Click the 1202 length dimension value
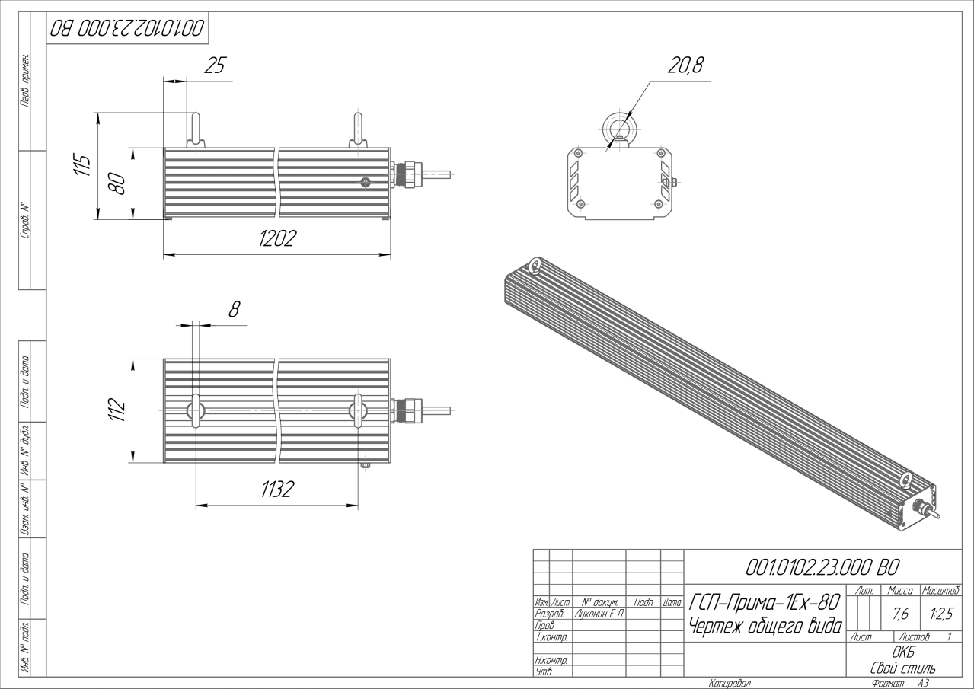[x=277, y=238]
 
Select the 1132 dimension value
[x=277, y=490]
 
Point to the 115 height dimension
[x=81, y=164]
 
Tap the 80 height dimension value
[x=117, y=183]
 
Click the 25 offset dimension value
[x=216, y=65]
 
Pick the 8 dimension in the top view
[x=234, y=310]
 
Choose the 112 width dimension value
[x=117, y=410]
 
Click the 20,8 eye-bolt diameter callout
[x=685, y=65]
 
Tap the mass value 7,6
[x=901, y=614]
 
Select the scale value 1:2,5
[x=941, y=614]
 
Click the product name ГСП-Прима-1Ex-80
[x=764, y=602]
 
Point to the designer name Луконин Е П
[x=599, y=614]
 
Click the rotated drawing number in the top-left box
[x=127, y=28]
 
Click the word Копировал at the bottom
[x=730, y=684]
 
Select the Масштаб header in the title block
[x=940, y=591]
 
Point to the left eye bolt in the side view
[x=196, y=130]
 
